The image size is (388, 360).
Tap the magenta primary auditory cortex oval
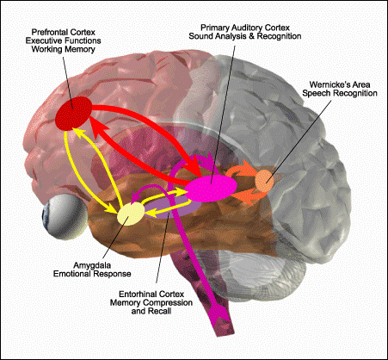pyautogui.click(x=211, y=188)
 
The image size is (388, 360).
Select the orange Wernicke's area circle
pyautogui.click(x=264, y=181)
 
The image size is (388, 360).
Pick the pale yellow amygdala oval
pyautogui.click(x=131, y=214)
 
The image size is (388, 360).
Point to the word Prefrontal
pyautogui.click(x=49, y=32)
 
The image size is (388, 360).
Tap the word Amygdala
pyautogui.click(x=92, y=265)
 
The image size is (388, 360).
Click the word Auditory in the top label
pyautogui.click(x=249, y=28)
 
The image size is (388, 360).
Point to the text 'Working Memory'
pyautogui.click(x=63, y=49)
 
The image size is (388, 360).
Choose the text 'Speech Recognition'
pyautogui.click(x=340, y=93)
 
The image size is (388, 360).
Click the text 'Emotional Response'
pyautogui.click(x=92, y=274)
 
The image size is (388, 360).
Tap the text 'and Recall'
pyautogui.click(x=151, y=311)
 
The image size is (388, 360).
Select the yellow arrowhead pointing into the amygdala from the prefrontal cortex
pyautogui.click(x=112, y=208)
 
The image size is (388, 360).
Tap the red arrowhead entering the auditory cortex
pyautogui.click(x=196, y=167)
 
